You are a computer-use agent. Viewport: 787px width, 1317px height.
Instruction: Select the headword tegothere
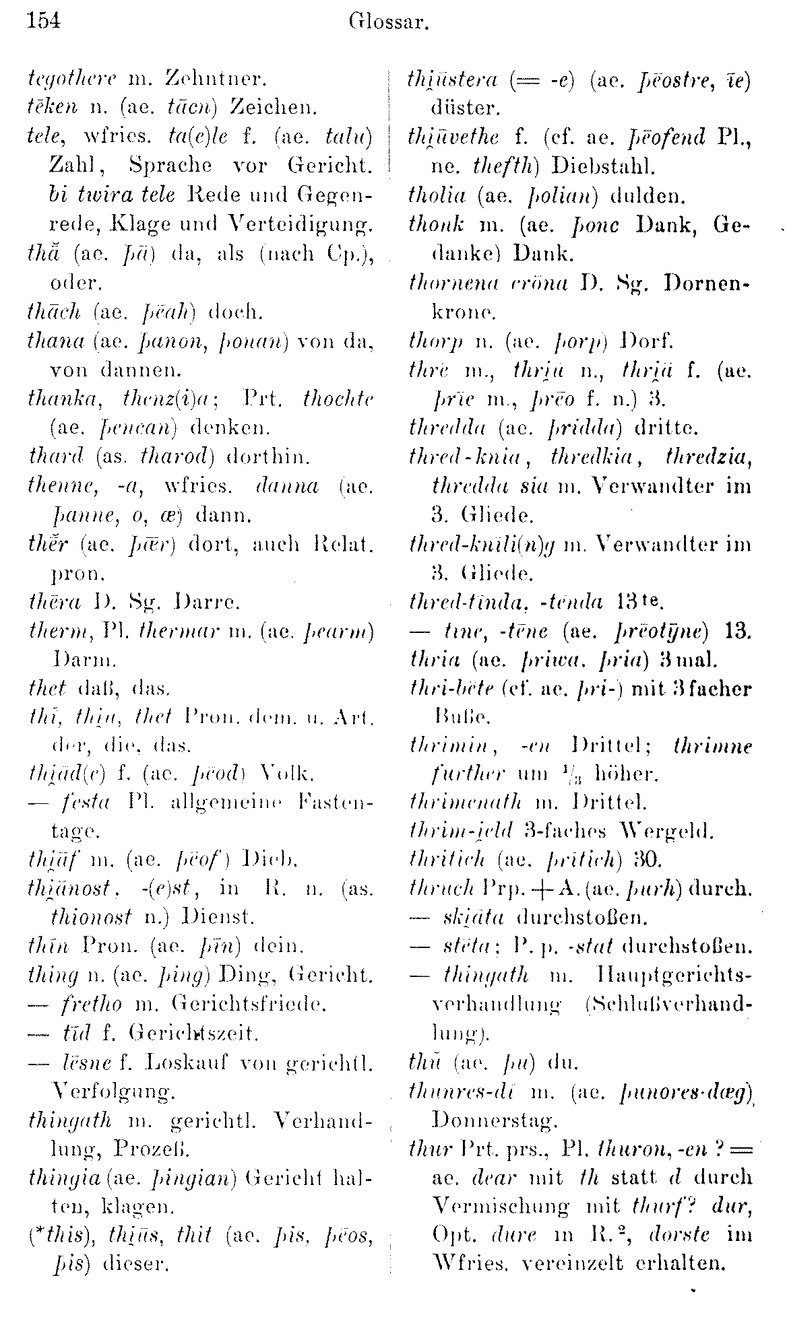(64, 79)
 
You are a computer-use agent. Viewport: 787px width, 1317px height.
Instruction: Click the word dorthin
(269, 457)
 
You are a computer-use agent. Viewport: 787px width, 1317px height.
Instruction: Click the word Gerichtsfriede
(249, 1004)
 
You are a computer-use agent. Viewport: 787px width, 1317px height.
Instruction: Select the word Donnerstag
(493, 1120)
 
